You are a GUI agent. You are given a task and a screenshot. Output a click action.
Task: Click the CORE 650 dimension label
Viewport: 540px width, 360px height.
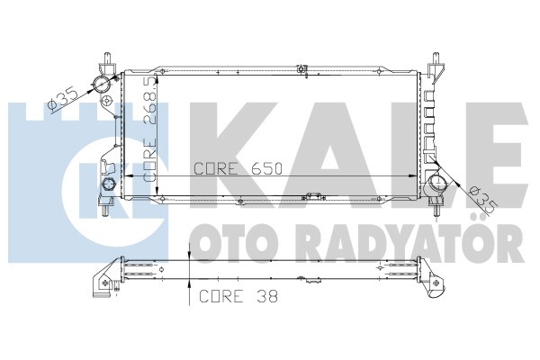point(238,169)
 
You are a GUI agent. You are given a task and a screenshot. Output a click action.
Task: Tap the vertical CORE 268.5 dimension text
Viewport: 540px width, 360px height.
point(150,130)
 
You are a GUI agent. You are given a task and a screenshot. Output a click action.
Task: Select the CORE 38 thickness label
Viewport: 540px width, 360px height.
point(238,296)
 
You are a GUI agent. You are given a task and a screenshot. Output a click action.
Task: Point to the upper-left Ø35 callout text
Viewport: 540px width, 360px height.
point(63,100)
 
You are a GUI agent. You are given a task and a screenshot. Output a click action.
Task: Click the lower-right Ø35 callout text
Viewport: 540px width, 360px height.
point(481,200)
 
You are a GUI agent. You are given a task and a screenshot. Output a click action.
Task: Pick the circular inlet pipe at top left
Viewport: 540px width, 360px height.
point(102,84)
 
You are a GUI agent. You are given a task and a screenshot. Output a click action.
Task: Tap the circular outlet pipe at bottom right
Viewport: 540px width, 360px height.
point(437,183)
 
